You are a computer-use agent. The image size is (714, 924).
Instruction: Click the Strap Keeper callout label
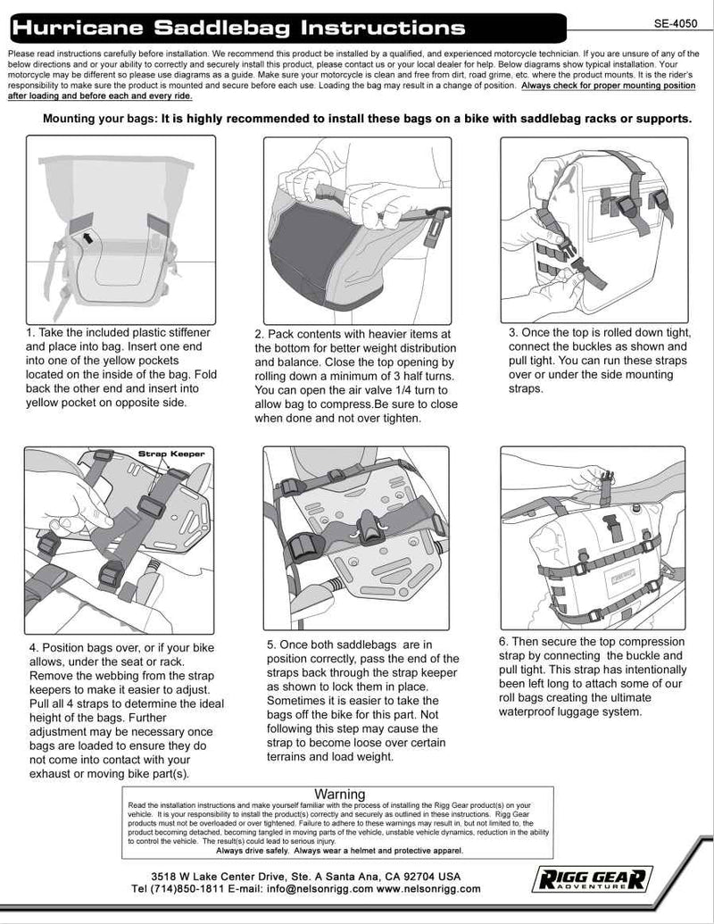[x=171, y=454]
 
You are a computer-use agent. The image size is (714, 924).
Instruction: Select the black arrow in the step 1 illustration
[x=89, y=237]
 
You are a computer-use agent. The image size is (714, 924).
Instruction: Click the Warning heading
[x=340, y=794]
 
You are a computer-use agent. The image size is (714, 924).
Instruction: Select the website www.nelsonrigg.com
[x=428, y=889]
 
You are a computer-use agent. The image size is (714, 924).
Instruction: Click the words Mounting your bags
[x=99, y=119]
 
